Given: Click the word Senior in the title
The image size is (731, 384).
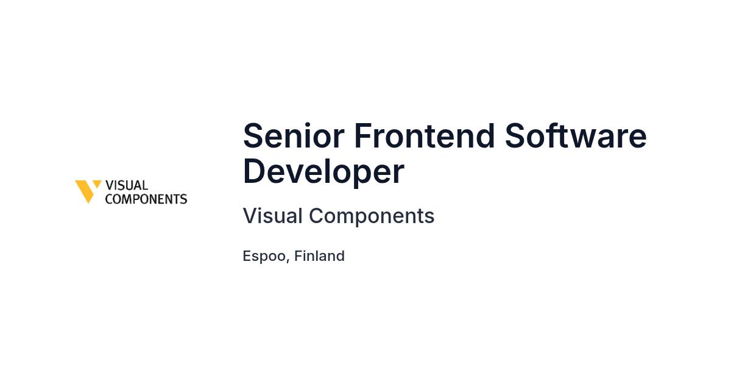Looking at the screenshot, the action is [294, 135].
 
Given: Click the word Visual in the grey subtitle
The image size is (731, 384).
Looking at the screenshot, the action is [273, 216].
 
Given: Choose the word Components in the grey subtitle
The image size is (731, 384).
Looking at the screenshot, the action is [372, 216].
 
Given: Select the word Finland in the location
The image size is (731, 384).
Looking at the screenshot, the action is [319, 255].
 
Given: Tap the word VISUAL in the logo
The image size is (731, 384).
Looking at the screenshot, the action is [127, 185].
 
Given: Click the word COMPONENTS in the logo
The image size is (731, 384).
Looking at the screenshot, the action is [146, 199].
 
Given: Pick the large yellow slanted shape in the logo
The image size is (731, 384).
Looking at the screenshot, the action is [85, 191].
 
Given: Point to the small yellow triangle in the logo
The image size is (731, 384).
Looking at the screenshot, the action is [97, 183].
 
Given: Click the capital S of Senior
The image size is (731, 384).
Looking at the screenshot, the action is [253, 135].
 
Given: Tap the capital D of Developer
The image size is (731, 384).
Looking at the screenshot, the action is [255, 171].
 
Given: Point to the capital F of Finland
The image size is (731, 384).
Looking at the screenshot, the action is [299, 255].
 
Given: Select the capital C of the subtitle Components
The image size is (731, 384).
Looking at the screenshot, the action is [317, 216].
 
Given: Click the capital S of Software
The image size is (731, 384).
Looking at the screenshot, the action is [515, 135].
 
